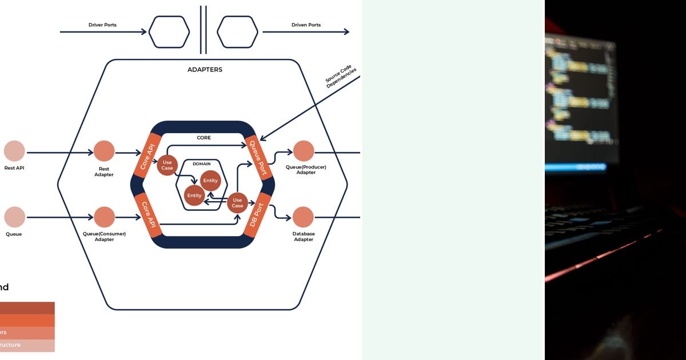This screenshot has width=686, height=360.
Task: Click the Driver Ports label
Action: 102,25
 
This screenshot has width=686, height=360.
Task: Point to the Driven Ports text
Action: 306,25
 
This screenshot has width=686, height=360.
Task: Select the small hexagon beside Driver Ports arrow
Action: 169,32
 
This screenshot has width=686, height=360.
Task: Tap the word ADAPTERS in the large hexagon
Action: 205,70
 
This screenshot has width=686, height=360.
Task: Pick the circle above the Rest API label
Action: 14,151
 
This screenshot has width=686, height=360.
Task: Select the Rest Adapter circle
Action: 104,151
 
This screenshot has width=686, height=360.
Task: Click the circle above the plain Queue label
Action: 14,217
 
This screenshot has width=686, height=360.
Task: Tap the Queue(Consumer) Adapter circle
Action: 104,217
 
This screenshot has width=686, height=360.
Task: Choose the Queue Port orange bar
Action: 258,157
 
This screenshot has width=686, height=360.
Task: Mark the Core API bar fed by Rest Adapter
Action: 146,154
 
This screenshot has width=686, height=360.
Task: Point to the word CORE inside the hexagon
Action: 204,138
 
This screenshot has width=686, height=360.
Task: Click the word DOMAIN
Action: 202,163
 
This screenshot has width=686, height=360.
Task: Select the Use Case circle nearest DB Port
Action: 237,202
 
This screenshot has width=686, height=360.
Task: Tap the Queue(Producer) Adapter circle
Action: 304,151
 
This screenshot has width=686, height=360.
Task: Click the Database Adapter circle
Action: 303,217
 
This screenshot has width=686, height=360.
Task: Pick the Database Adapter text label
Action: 304,237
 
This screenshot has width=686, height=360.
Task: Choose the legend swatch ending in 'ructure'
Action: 27,345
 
